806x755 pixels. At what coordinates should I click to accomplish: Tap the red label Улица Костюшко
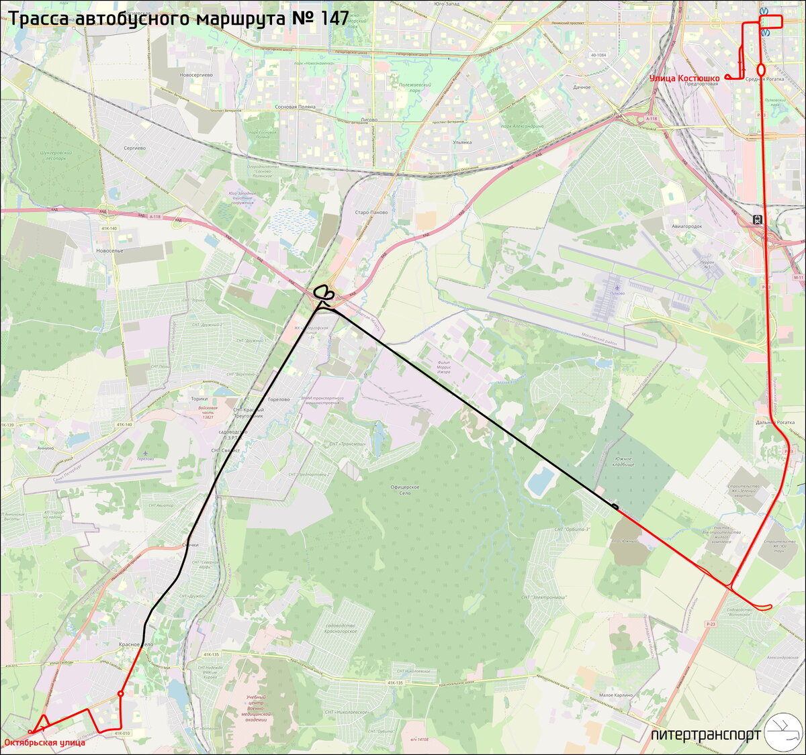(x=684, y=79)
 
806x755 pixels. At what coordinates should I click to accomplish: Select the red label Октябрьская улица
(x=44, y=742)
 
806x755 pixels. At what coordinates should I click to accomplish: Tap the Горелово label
(x=277, y=399)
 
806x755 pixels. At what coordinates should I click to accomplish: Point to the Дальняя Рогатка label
(x=774, y=422)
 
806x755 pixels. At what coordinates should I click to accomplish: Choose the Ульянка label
(x=461, y=142)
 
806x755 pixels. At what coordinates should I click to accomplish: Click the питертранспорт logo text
(x=705, y=735)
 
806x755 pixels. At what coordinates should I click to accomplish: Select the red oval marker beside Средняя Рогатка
(x=761, y=69)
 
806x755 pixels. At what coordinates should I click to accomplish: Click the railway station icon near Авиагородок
(x=757, y=219)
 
